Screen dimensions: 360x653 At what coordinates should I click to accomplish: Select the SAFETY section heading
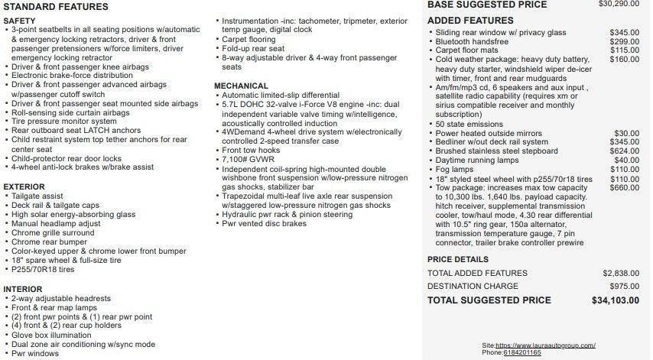click(x=19, y=21)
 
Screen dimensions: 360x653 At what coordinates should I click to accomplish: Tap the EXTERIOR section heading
click(x=24, y=186)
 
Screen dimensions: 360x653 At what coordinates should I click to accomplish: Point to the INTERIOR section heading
click(x=22, y=288)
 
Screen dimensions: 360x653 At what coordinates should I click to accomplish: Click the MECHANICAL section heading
click(x=241, y=86)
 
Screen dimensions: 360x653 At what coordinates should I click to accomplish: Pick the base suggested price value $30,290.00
click(x=618, y=4)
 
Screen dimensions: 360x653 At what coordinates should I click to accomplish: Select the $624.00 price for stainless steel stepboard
click(x=626, y=151)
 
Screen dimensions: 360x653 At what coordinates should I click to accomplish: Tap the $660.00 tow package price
click(x=626, y=188)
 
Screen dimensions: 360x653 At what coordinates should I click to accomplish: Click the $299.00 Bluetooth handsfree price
click(x=626, y=41)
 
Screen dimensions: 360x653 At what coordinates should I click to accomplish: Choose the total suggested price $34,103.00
click(x=616, y=300)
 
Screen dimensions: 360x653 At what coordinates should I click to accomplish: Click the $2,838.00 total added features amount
click(x=621, y=273)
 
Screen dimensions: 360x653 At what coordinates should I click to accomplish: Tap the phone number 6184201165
click(x=523, y=352)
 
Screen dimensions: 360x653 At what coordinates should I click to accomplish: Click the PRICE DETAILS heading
click(x=458, y=259)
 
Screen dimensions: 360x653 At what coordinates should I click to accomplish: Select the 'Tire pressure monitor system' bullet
click(x=64, y=121)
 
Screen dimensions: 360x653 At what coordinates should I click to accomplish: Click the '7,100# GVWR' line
click(x=249, y=160)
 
